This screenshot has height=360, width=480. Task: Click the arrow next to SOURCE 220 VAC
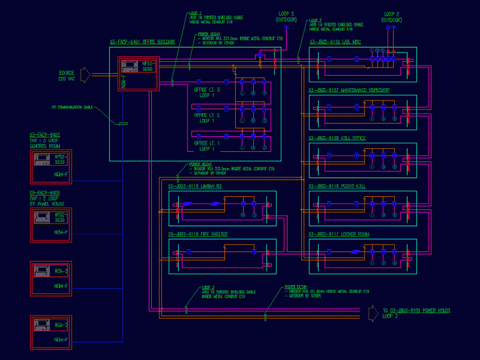point(86,75)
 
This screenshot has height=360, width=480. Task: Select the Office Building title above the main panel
point(142,42)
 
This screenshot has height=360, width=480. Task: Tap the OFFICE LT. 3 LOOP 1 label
point(206,92)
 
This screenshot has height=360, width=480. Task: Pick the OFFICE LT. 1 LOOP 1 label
point(206,146)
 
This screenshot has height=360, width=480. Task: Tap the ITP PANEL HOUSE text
point(47,204)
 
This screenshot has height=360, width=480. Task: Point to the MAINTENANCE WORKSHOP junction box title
point(349,91)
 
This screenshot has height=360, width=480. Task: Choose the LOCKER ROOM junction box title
point(339,234)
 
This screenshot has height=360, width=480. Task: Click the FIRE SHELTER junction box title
point(198,234)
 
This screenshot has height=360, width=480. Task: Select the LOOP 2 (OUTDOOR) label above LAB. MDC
point(392,17)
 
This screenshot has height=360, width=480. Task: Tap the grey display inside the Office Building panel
point(129,65)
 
